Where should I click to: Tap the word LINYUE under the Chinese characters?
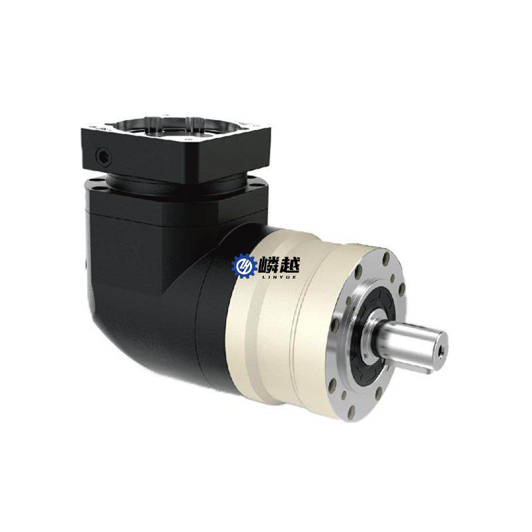[x=278, y=277]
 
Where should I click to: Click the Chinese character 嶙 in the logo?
[x=269, y=264]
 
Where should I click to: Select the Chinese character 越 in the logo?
[x=289, y=264]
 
